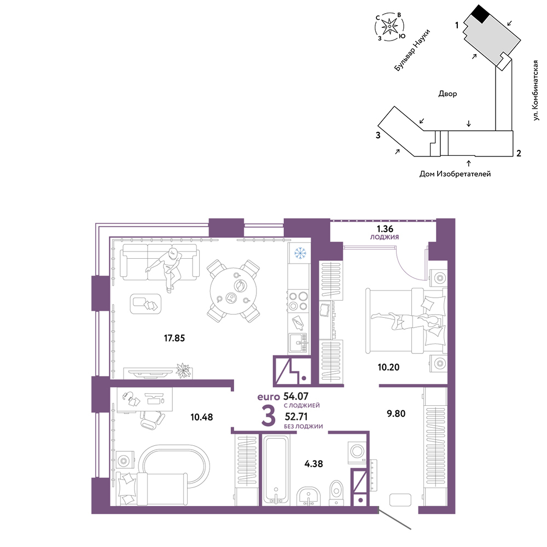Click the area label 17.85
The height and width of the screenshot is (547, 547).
(x=174, y=338)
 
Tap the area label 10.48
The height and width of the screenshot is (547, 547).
(x=202, y=417)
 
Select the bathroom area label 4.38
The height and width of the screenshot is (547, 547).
(x=313, y=464)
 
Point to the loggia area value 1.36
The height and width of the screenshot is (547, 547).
(x=385, y=229)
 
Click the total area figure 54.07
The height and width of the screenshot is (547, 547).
(x=296, y=396)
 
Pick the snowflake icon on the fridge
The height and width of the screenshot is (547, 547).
(x=300, y=253)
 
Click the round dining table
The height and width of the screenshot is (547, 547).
(x=234, y=291)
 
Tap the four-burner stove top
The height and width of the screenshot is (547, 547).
(x=298, y=301)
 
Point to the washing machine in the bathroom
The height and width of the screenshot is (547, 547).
(x=357, y=451)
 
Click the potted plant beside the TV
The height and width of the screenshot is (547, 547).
(x=183, y=370)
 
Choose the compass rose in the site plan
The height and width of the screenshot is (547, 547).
(x=389, y=26)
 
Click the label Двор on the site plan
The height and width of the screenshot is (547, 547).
(x=447, y=94)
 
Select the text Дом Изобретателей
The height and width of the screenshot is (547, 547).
(x=455, y=174)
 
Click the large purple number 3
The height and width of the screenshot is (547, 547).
(x=268, y=416)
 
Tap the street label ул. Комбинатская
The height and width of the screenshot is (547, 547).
(x=536, y=91)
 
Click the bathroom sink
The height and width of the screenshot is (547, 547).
(x=309, y=496)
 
